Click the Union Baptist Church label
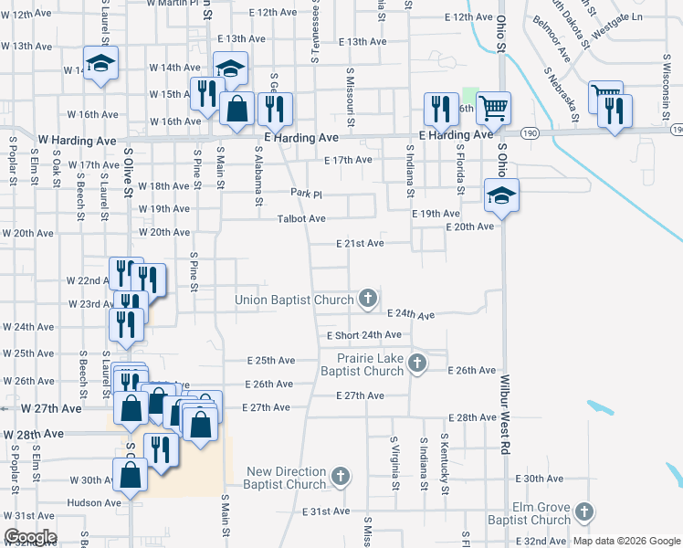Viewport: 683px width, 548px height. (x=293, y=300)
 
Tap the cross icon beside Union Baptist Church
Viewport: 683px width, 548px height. (x=367, y=298)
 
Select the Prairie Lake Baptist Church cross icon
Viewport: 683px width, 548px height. (x=416, y=364)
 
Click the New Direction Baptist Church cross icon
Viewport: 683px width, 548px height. (x=340, y=476)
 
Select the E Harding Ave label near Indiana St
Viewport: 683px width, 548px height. (x=455, y=135)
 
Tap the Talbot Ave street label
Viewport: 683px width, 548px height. (x=302, y=219)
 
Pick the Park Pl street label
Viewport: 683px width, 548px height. (x=307, y=194)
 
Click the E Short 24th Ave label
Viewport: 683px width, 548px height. (x=364, y=336)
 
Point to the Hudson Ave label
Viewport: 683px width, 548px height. (x=94, y=502)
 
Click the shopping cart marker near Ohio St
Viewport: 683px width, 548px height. (x=493, y=108)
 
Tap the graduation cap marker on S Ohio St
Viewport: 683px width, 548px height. (x=501, y=197)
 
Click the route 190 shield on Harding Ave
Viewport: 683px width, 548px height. (x=529, y=133)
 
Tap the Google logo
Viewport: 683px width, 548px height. (x=30, y=537)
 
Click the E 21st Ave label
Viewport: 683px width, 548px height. (x=360, y=244)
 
